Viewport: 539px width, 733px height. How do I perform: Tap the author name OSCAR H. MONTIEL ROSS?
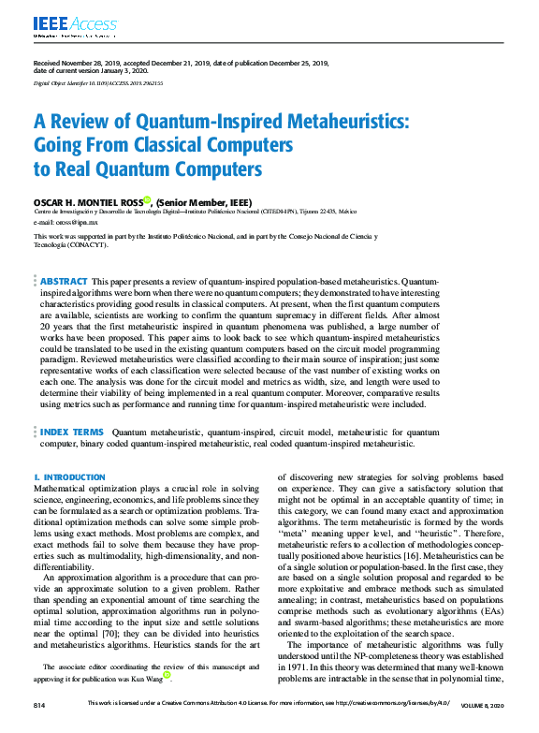[87, 200]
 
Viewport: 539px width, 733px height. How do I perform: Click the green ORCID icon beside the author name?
[147, 199]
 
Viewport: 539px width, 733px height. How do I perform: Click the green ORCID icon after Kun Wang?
[168, 674]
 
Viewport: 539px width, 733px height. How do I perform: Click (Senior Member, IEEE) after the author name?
[205, 200]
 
